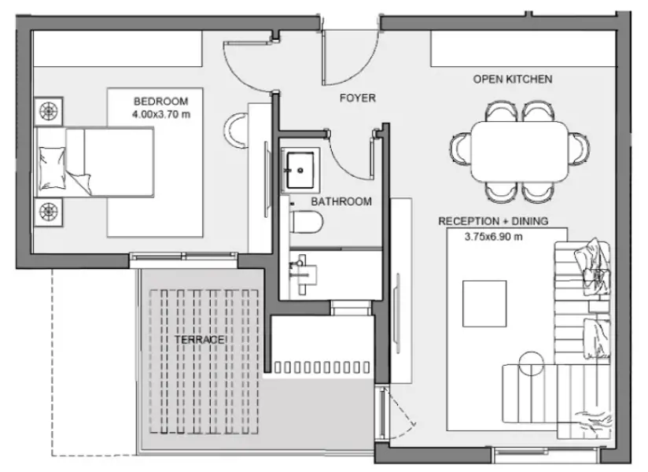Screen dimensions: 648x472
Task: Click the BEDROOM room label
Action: coord(160,101)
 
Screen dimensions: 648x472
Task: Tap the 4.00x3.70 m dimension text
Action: coord(161,115)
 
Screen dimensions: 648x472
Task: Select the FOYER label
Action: coord(358,98)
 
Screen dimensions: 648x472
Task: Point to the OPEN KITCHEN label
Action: coord(513,79)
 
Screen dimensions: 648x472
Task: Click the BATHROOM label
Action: coord(341,201)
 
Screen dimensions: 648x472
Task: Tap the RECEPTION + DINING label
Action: coord(493,221)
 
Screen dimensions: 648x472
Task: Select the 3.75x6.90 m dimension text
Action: coord(493,237)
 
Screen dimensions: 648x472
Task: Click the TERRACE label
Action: coord(199,340)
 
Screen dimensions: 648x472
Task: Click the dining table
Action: coord(520,151)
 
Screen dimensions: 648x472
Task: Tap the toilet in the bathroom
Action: coord(306,223)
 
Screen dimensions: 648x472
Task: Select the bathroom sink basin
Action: coord(300,170)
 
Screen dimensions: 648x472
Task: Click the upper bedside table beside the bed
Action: coord(48,111)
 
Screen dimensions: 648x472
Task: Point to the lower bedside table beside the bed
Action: coord(48,212)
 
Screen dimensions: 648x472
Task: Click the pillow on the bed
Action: coord(52,168)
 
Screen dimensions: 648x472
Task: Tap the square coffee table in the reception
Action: coord(484,304)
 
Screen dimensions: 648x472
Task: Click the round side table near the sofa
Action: coord(532,363)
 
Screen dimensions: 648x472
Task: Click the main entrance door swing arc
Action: coord(363,68)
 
